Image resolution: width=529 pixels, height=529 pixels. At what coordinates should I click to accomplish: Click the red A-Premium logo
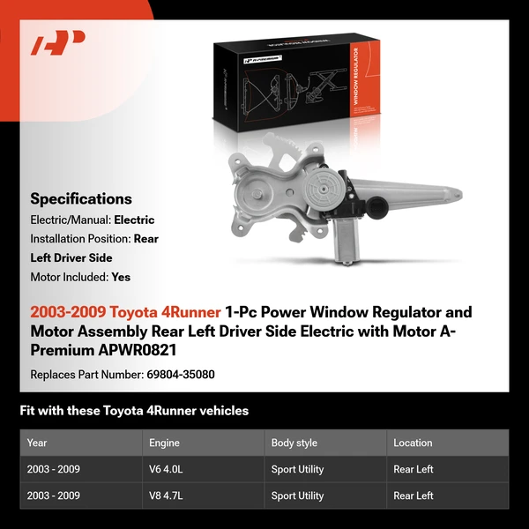58,42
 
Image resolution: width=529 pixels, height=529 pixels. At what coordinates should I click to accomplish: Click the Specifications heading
81,198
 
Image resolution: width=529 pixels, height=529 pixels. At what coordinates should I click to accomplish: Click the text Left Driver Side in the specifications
71,257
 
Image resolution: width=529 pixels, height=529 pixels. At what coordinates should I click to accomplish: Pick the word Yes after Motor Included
121,277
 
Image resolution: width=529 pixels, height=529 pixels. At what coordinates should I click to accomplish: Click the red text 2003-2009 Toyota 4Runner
125,312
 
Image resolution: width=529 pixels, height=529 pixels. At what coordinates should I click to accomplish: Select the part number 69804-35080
179,374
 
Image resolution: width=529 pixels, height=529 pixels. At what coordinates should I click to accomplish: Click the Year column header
37,443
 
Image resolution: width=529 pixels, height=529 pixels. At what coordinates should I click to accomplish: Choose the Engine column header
164,443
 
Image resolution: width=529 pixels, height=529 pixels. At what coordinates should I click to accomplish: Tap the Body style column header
294,443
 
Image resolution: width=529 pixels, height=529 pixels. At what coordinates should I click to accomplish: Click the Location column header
413,443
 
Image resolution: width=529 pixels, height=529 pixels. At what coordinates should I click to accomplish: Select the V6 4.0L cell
166,469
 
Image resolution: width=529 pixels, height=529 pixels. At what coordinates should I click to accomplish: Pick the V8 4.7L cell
166,495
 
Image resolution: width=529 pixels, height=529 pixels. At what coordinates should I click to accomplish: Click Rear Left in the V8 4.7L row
414,495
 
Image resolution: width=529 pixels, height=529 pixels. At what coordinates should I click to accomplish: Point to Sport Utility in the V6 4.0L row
297,469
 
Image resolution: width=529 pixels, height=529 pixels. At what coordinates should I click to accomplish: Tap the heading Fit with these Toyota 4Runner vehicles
134,411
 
